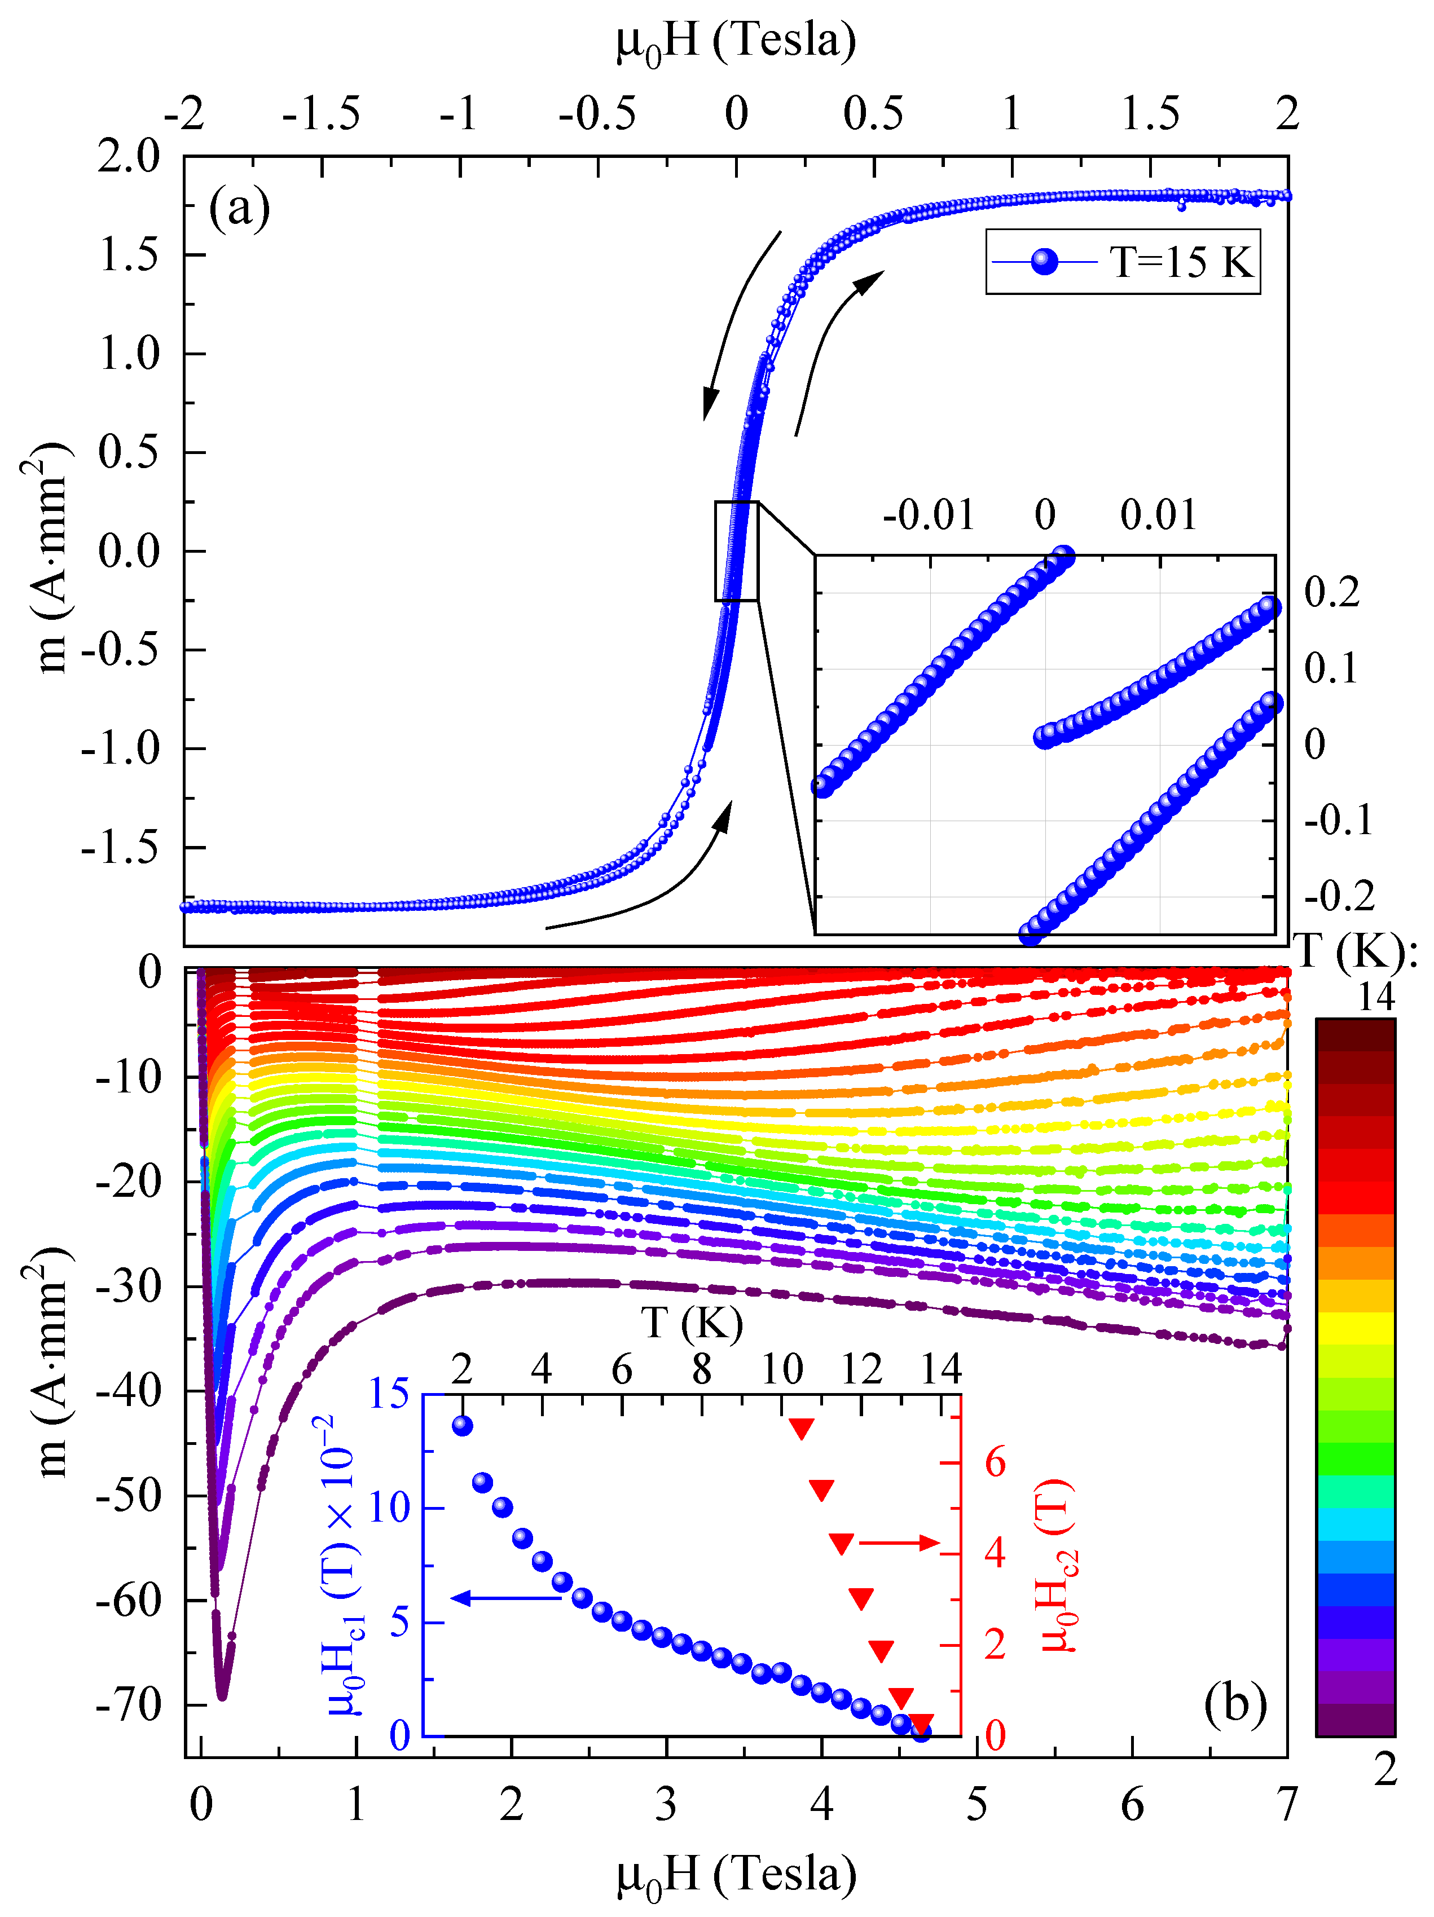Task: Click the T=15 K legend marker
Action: (x=1045, y=261)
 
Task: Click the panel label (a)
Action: (x=239, y=209)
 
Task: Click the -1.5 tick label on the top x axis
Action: (x=321, y=113)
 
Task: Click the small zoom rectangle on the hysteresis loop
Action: (x=736, y=550)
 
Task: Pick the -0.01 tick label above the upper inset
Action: (x=929, y=515)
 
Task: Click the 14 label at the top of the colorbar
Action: (x=1377, y=998)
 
